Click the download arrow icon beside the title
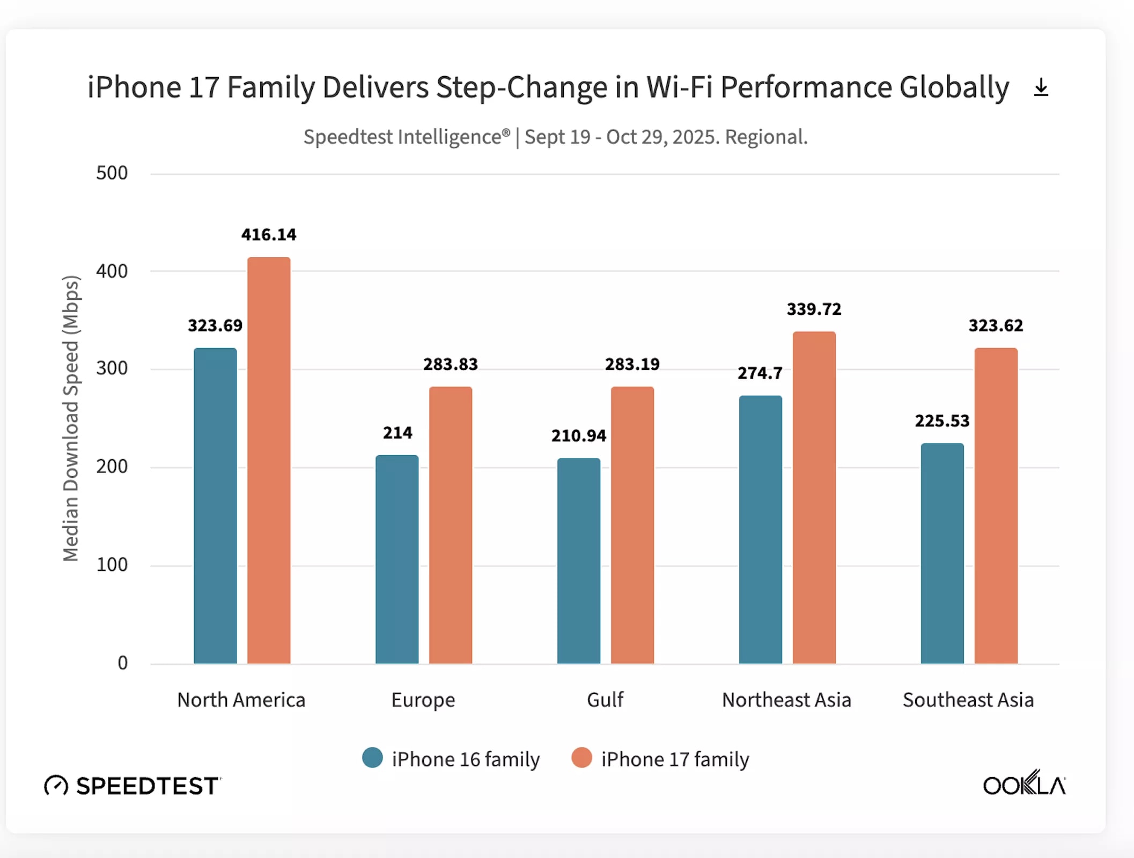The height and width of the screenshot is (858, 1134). coord(1041,87)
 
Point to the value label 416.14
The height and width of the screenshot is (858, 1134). coord(269,234)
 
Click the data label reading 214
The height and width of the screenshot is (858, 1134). coord(397,433)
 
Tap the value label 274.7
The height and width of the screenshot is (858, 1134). coord(760,373)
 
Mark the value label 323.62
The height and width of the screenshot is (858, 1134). coord(996,326)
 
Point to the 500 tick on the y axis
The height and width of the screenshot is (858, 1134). coord(112,173)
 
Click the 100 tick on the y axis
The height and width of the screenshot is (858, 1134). coord(112,565)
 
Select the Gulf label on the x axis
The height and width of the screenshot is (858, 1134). coord(605,700)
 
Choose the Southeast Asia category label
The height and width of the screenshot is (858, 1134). coord(968,700)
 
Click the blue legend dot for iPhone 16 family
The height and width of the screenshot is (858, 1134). coord(372,758)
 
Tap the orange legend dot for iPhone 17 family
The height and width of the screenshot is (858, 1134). coord(581,758)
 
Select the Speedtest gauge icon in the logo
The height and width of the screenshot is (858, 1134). coord(56,786)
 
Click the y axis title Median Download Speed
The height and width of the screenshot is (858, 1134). coord(71,418)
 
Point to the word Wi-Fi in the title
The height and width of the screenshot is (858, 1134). coord(679,87)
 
